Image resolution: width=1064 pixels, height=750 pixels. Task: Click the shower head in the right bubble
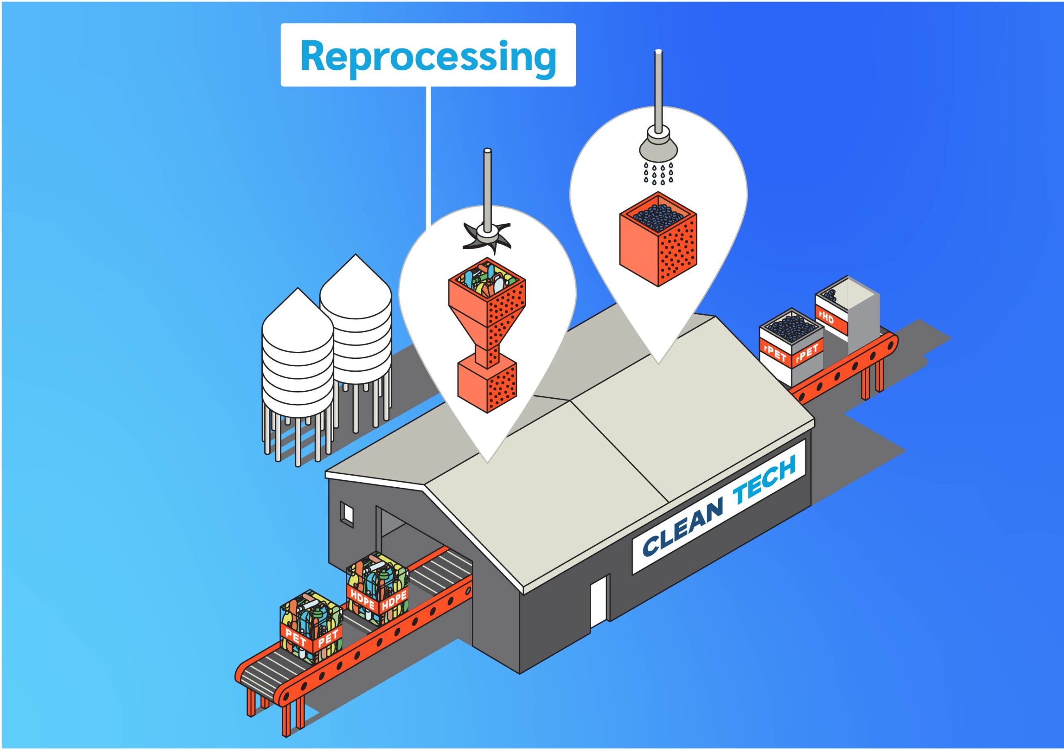coord(657,145)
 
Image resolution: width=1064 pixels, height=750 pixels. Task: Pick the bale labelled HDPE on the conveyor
coord(378,590)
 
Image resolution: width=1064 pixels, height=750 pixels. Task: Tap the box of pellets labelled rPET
coord(791,346)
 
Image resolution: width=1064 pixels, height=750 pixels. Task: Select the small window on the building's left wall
coord(347,513)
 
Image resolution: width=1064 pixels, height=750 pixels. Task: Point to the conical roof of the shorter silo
coord(298,310)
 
